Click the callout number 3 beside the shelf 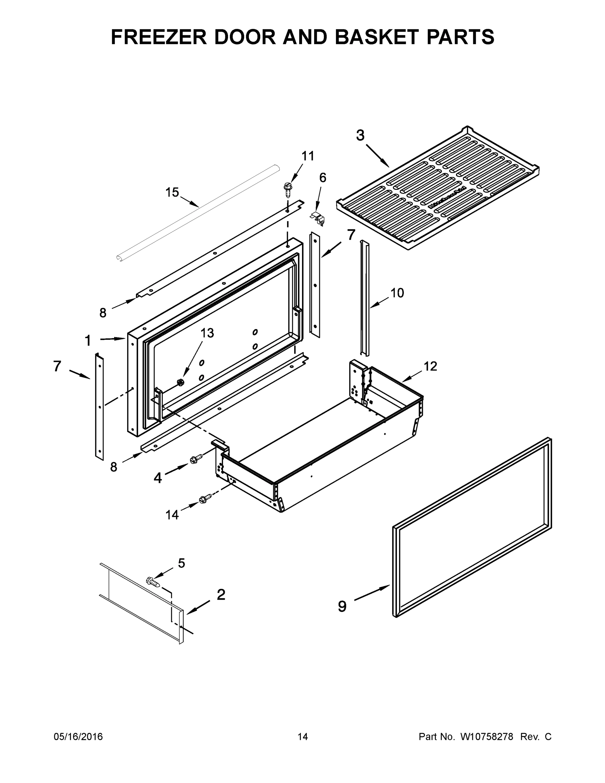point(360,135)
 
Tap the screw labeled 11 point(287,189)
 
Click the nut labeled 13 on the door point(181,382)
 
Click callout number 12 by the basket point(431,366)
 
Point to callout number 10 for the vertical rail point(397,293)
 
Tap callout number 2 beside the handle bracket point(221,594)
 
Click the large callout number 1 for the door point(88,340)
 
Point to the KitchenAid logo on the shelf point(447,197)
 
